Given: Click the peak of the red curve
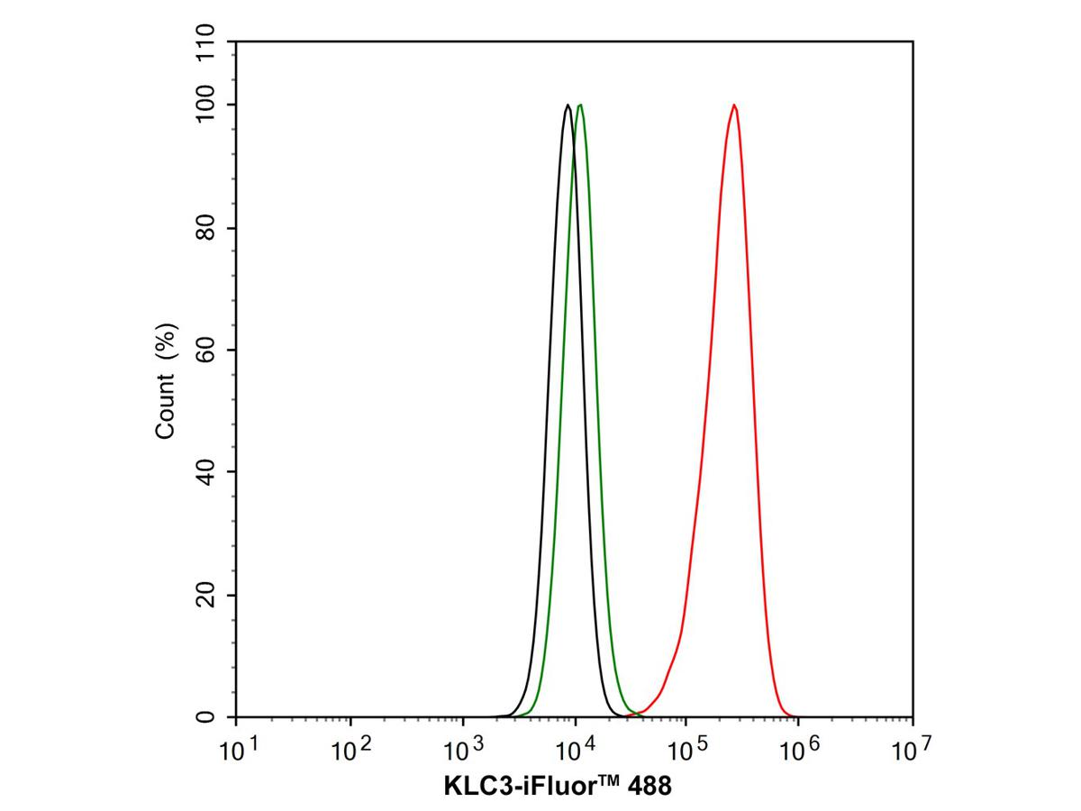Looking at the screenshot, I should [734, 105].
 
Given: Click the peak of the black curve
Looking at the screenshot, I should [568, 105].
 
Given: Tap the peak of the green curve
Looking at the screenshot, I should [580, 105].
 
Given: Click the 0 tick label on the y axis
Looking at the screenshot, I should [206, 717].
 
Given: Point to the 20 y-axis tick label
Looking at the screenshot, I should [206, 595].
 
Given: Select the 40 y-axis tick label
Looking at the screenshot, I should [206, 471].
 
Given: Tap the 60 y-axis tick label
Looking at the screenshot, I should [206, 350].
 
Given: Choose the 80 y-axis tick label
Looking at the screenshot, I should [206, 228].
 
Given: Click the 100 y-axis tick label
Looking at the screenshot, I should [206, 105].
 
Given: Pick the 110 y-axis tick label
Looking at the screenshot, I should [206, 43].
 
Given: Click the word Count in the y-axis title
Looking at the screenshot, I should [166, 410].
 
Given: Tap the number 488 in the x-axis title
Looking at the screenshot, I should [646, 787].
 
